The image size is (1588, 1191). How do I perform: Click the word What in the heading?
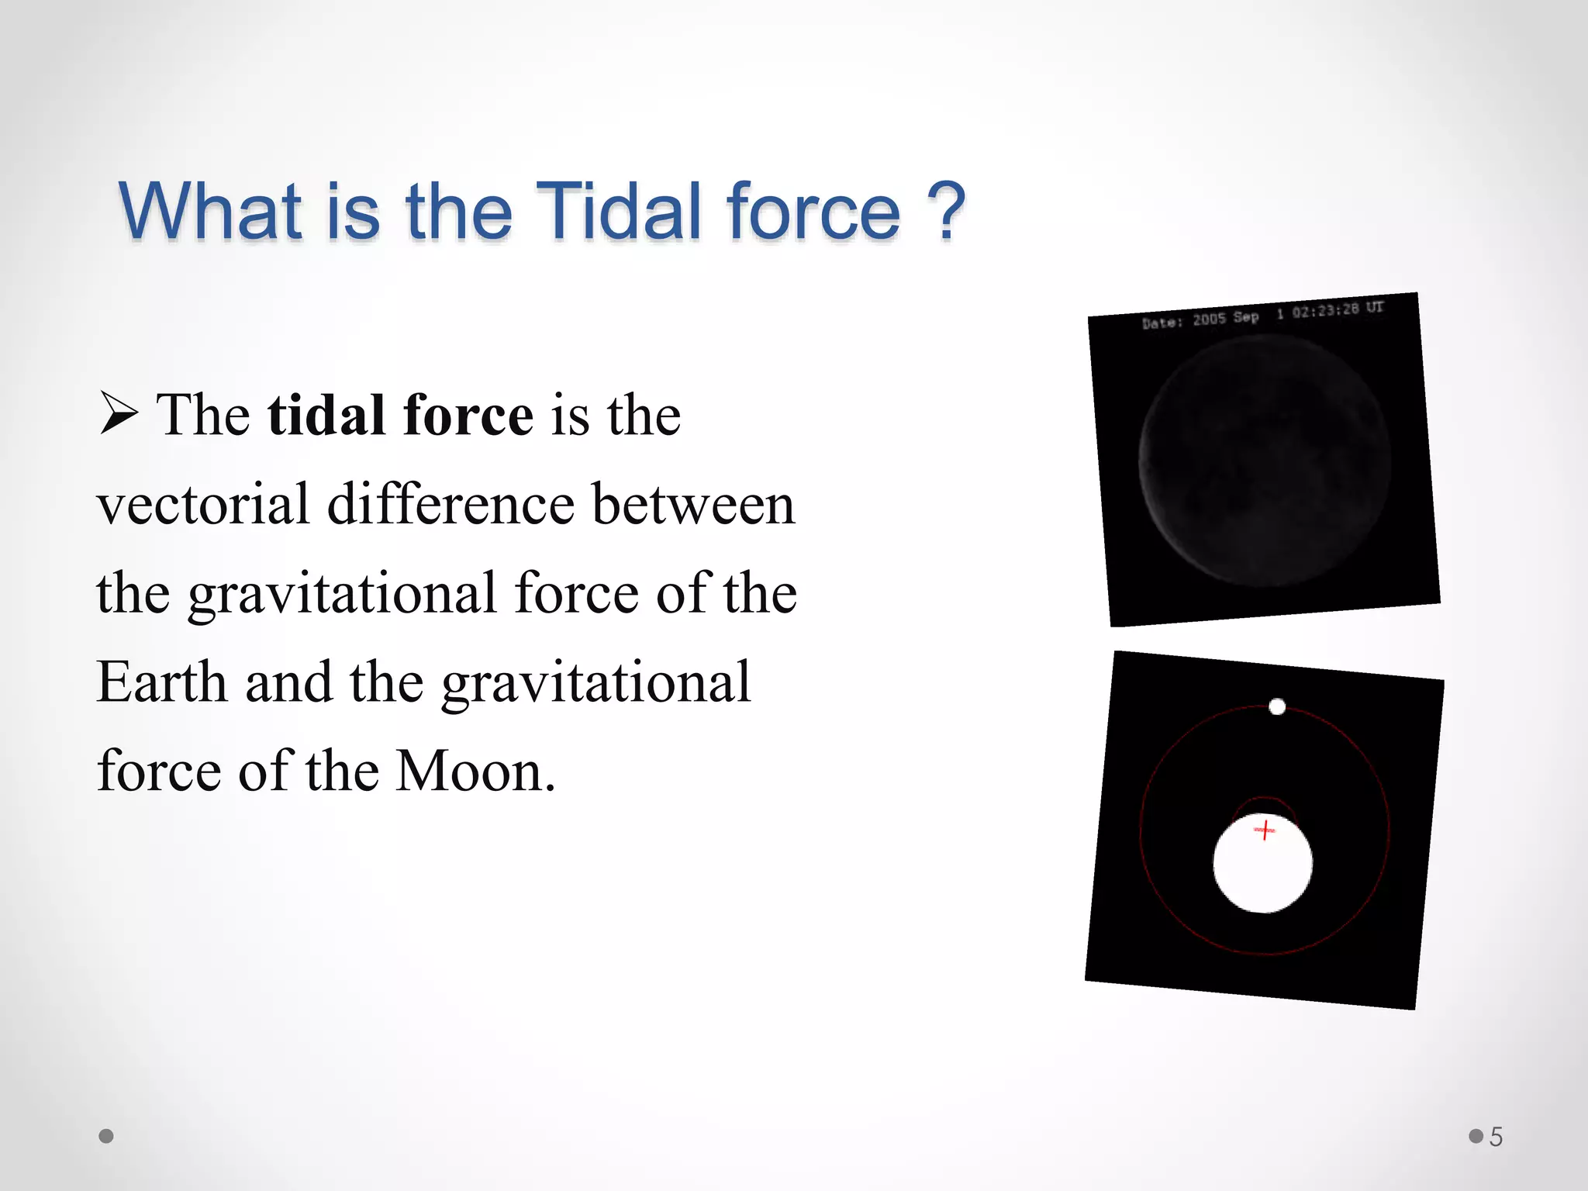pyautogui.click(x=209, y=211)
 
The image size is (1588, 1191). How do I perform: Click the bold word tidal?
pyautogui.click(x=326, y=415)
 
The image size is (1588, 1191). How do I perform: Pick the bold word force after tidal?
pyautogui.click(x=468, y=415)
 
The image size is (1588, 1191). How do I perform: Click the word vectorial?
pyautogui.click(x=202, y=505)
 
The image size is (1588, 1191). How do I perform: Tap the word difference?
pyautogui.click(x=451, y=505)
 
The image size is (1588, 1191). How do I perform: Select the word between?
pyautogui.click(x=693, y=505)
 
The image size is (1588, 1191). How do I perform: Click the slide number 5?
pyautogui.click(x=1496, y=1137)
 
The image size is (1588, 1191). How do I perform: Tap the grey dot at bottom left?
pyautogui.click(x=106, y=1136)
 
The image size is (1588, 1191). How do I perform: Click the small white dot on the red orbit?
pyautogui.click(x=1276, y=706)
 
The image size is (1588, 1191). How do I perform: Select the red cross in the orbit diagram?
pyautogui.click(x=1264, y=830)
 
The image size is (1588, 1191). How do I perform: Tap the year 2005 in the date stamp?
pyautogui.click(x=1209, y=319)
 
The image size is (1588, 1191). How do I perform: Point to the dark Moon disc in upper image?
pyautogui.click(x=1264, y=461)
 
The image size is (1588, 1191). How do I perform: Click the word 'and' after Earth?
pyautogui.click(x=288, y=682)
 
